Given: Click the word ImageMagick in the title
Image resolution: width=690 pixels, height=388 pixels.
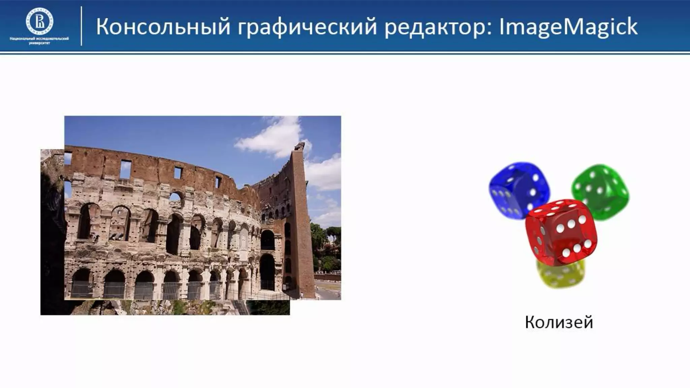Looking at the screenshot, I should tap(568, 27).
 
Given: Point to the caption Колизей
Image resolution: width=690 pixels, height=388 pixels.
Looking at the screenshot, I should tap(559, 322).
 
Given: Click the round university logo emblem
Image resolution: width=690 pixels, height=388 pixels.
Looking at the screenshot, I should tap(39, 22).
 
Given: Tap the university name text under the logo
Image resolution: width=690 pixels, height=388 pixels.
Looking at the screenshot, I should tap(39, 41).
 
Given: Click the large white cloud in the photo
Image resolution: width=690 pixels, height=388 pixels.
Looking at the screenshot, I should tap(273, 138).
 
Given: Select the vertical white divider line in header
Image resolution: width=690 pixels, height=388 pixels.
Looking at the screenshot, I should tap(82, 26).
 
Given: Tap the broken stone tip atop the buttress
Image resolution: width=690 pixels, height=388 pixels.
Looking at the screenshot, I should tap(299, 147).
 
